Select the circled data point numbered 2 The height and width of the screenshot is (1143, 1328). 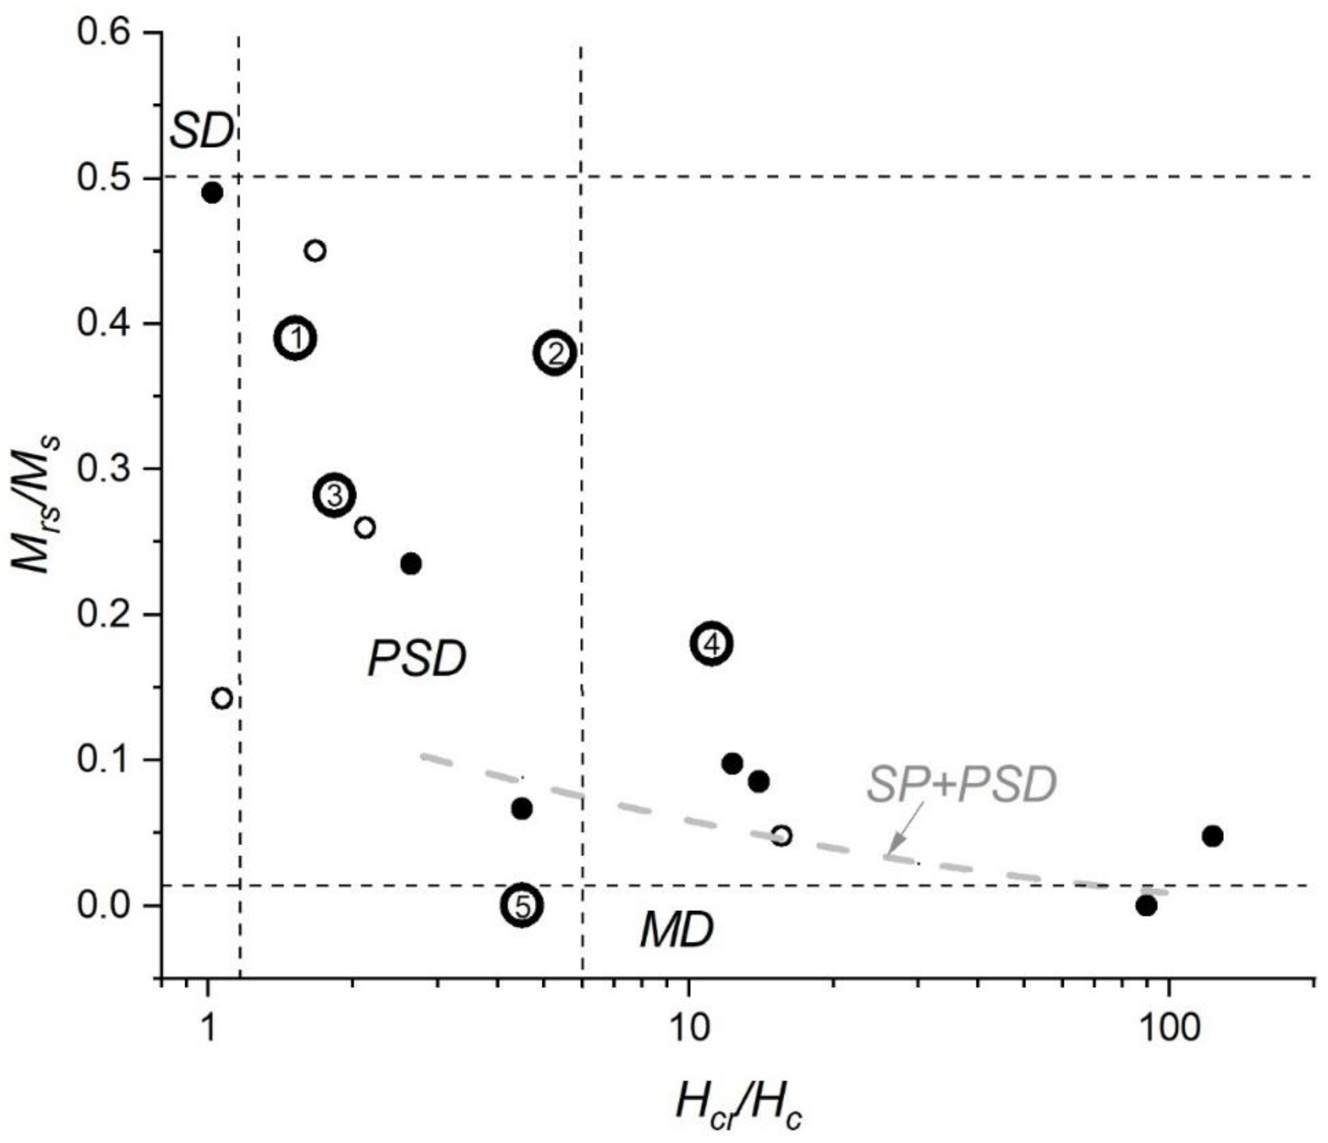point(555,352)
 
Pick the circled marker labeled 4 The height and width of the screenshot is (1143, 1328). point(711,644)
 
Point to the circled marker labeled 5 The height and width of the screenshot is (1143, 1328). point(523,906)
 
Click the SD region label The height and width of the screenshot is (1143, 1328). point(202,133)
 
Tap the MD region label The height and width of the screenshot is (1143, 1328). point(677,930)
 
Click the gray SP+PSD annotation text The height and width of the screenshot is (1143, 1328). point(962,785)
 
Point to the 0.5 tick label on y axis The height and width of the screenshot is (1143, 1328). point(105,178)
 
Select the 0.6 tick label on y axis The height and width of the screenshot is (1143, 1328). point(105,33)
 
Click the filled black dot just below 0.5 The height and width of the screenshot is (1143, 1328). point(212,193)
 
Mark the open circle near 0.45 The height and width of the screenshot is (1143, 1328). point(314,251)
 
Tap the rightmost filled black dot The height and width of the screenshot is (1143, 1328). point(1212,836)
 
